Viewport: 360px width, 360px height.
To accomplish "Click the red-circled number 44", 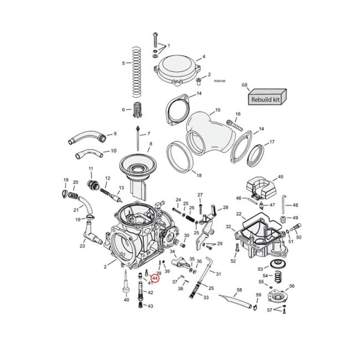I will [x=155, y=279].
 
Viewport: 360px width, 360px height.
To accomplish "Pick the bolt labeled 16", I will [x=231, y=123].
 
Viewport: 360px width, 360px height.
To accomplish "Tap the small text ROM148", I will [x=220, y=81].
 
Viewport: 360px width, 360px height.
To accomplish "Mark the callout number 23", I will [x=82, y=246].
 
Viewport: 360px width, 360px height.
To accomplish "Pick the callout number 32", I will [x=229, y=226].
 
